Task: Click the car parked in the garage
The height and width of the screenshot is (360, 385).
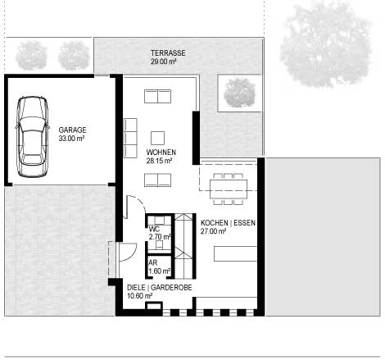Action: pos(32,137)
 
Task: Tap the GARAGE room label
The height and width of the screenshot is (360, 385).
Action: pos(72,130)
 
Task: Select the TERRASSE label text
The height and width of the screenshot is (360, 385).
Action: pos(168,52)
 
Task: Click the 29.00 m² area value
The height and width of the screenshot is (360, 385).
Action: pos(163,62)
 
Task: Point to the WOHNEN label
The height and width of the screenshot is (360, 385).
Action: pos(161,152)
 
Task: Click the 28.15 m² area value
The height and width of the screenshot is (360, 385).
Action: pos(159,161)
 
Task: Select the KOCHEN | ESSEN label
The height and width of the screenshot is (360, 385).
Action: pos(228,223)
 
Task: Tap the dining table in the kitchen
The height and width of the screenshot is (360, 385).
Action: pos(229,189)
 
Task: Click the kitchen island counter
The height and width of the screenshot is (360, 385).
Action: pos(236,253)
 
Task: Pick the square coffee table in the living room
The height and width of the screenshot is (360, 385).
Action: pos(157,138)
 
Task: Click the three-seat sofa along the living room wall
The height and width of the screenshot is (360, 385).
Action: pos(130,138)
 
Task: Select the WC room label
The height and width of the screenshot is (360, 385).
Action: pos(154,229)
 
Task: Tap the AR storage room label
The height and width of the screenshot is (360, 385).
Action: pos(153,262)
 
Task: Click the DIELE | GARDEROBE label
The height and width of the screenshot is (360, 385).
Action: pos(160,287)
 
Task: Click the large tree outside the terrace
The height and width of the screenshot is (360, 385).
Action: pos(326,45)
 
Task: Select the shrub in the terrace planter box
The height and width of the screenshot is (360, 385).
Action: pos(239,93)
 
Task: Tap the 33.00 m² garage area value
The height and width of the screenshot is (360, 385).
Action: pos(71,139)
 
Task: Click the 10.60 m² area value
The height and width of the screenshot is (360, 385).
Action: pos(140,296)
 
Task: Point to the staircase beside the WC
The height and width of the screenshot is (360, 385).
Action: pos(183,246)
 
